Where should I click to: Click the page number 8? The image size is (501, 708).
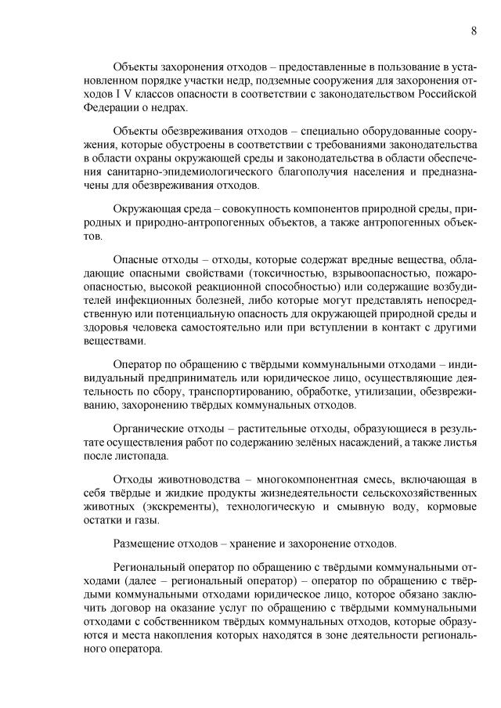[474, 31]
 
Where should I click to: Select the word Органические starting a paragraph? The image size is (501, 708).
[148, 429]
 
